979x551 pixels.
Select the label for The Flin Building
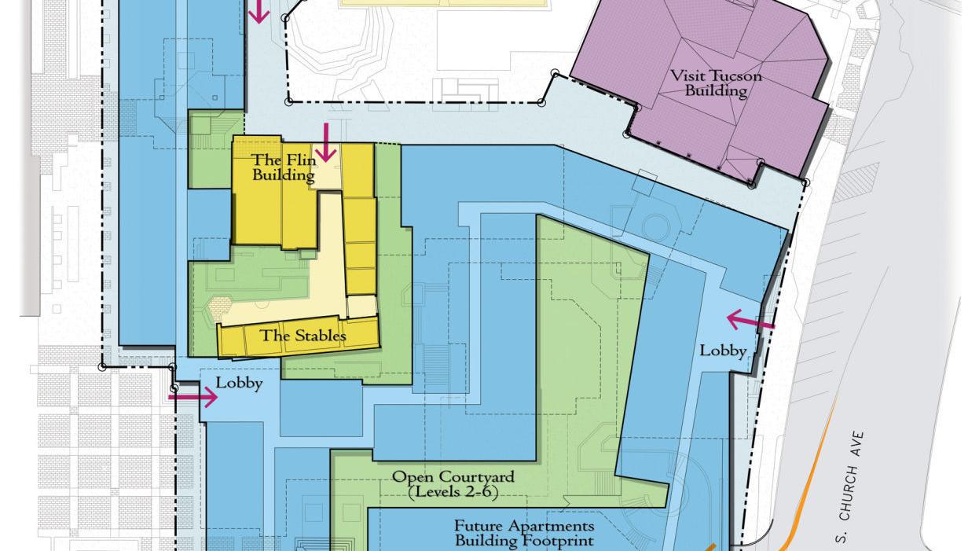[x=283, y=167]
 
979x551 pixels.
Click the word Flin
[x=299, y=160]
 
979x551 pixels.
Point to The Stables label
[x=302, y=336]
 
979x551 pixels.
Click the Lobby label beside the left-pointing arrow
[x=723, y=351]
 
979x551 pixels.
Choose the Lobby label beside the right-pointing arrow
[x=239, y=384]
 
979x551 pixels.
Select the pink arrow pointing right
[x=192, y=398]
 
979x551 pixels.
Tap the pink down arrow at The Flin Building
[x=325, y=143]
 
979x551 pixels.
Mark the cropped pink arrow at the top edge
[x=258, y=11]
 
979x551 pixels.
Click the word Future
[x=478, y=525]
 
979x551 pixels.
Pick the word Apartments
[x=551, y=525]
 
